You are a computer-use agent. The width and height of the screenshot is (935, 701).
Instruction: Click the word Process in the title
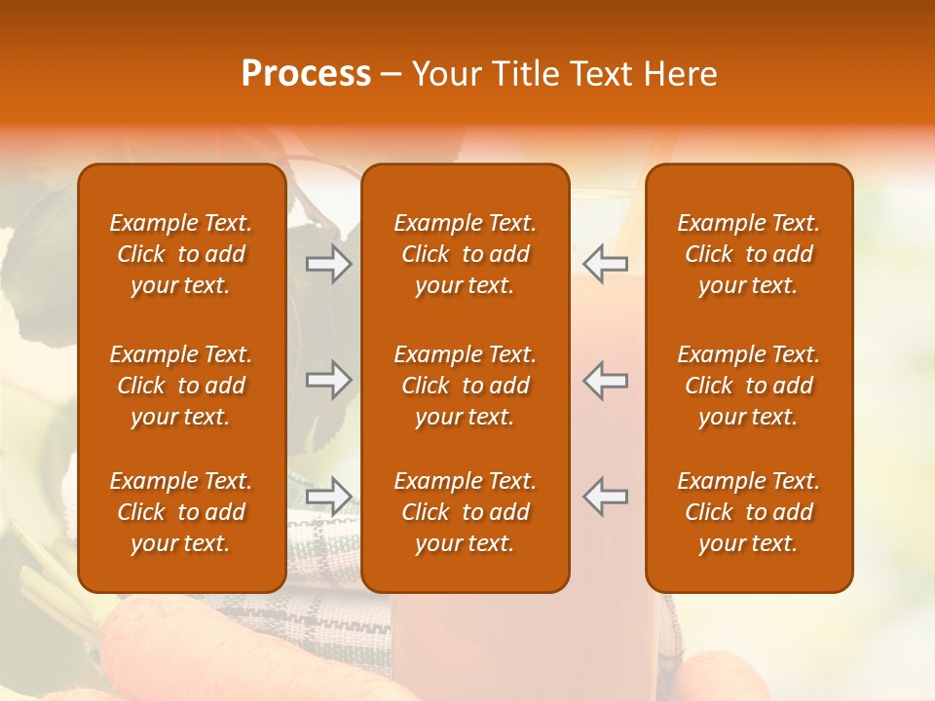(x=306, y=74)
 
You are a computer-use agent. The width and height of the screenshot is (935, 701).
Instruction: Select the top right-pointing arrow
(x=329, y=265)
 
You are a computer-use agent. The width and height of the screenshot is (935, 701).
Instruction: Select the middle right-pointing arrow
(x=329, y=380)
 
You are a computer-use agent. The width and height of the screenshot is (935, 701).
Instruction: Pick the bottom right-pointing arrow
(x=329, y=497)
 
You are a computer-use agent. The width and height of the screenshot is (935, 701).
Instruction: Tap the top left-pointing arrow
(x=606, y=265)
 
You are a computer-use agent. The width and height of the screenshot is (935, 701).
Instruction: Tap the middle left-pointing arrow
(x=606, y=380)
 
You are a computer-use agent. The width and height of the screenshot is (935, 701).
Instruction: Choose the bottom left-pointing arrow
(x=606, y=497)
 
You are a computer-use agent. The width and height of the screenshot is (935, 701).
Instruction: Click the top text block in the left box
(x=181, y=254)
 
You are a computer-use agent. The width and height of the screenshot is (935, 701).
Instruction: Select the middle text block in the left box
(x=181, y=386)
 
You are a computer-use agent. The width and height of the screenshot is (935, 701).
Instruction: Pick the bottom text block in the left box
(x=181, y=512)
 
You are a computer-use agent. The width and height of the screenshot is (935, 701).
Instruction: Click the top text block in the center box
(x=465, y=254)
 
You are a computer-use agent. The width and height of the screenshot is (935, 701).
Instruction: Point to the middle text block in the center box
(x=465, y=386)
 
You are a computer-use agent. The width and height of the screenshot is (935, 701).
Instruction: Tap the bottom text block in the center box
(x=465, y=512)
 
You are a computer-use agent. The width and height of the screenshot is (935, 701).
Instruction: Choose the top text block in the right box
(x=748, y=254)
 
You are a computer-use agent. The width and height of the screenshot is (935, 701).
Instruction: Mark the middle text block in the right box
(x=748, y=386)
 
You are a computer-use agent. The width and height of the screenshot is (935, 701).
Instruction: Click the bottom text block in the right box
(x=748, y=512)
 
